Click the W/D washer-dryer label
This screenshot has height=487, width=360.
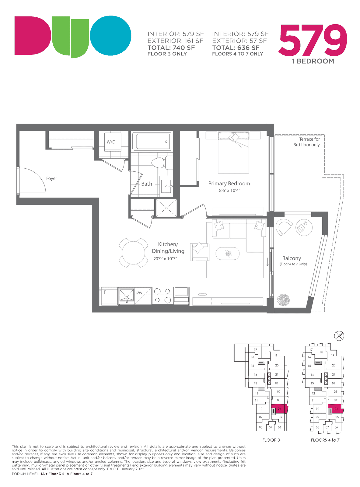(111, 142)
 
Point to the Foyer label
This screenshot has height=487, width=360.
(52, 178)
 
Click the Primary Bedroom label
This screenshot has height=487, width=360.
(229, 184)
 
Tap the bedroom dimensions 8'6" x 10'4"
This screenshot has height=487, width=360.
(229, 191)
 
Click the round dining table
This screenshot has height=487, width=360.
(134, 253)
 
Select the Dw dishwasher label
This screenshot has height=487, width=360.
(139, 293)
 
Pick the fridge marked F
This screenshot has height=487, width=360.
(109, 296)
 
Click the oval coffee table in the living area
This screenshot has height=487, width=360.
(227, 254)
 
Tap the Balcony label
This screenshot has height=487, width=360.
(292, 258)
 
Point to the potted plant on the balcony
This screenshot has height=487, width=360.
(283, 300)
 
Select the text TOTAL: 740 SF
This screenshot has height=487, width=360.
(171, 48)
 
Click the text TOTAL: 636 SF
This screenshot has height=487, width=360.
(236, 48)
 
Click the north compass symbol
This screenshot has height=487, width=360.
(339, 336)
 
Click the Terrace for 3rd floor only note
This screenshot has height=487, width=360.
(306, 142)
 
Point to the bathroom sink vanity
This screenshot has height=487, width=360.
(166, 186)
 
